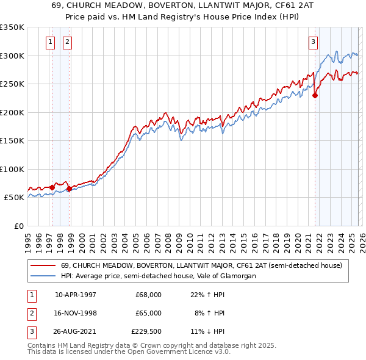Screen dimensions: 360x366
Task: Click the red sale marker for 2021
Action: click(x=315, y=95)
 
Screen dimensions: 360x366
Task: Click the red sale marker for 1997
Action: click(x=52, y=187)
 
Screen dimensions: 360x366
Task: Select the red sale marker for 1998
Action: click(x=70, y=189)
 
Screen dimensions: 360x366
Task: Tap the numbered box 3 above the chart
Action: click(x=313, y=42)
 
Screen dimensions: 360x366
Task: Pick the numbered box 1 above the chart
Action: click(x=49, y=42)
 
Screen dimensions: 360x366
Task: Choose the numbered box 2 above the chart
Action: click(x=66, y=42)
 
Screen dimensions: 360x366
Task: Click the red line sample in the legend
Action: click(x=42, y=265)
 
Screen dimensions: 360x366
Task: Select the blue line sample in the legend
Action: click(x=42, y=276)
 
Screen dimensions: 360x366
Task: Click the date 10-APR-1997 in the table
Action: click(x=75, y=294)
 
